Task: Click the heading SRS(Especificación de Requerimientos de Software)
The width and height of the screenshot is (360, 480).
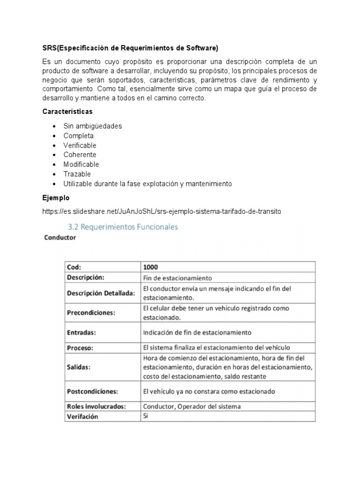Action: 130,48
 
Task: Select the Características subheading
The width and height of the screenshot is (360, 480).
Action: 67,112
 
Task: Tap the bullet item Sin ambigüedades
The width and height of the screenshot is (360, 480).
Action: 93,126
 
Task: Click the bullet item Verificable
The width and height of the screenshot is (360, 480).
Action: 80,145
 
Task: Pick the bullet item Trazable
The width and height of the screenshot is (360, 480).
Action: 77,174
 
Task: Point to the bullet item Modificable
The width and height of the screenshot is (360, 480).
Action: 81,165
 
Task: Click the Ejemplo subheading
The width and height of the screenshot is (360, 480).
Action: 56,198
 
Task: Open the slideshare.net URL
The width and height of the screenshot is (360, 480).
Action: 161,211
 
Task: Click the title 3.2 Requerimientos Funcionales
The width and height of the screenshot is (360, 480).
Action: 123,227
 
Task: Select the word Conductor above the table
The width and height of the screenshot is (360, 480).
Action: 60,238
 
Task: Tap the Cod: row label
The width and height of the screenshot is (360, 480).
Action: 74,267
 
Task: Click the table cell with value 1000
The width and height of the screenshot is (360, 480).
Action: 150,267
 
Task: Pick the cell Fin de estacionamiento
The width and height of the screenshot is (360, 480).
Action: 178,277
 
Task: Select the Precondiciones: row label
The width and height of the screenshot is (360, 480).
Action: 91,313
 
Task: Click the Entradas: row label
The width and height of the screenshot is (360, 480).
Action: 82,332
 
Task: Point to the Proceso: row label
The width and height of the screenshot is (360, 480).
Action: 80,348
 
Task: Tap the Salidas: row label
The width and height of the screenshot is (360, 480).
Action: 79,367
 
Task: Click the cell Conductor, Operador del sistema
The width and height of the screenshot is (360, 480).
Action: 192,406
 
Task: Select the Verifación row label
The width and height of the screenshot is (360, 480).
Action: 82,416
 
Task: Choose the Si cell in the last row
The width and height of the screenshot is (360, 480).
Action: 146,416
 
